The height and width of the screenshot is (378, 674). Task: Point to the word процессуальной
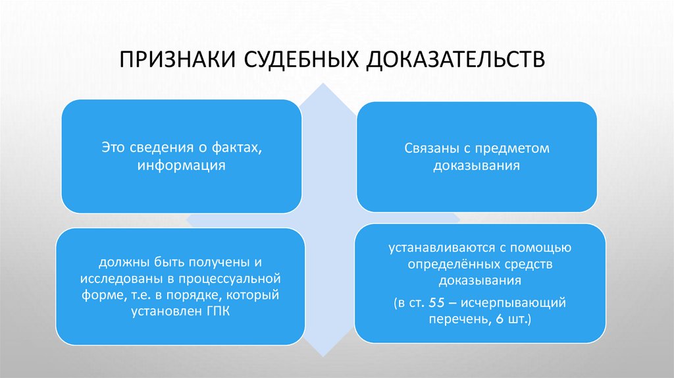tap(238, 278)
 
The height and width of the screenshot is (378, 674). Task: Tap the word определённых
tap(446, 265)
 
